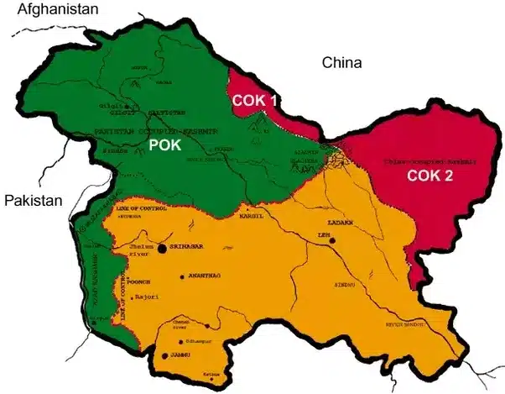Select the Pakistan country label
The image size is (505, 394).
point(34,201)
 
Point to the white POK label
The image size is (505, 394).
point(166,145)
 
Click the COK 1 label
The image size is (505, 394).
point(258,102)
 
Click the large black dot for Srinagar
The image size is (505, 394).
point(161,249)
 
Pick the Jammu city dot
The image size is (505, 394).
point(164,356)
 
